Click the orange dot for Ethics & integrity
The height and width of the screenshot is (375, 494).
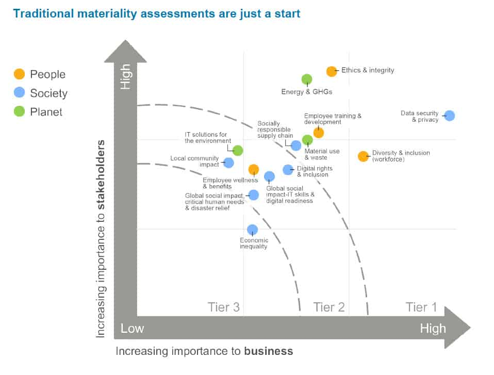(332, 71)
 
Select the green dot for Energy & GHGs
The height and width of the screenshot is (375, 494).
(307, 79)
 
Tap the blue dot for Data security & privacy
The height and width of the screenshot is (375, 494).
(450, 116)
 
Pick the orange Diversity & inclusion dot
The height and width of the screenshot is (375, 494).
(364, 156)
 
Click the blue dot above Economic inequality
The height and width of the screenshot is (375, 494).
(252, 230)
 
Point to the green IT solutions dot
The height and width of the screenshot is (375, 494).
(238, 151)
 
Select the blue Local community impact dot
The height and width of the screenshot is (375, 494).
(228, 163)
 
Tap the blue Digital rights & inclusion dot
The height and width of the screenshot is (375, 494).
(288, 169)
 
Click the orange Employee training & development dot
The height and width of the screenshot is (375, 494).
(319, 133)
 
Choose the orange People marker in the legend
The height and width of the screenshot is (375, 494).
(19, 74)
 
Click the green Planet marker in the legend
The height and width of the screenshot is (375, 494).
(19, 111)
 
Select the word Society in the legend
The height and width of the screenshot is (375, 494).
(48, 93)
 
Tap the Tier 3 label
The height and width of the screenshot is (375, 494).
(224, 307)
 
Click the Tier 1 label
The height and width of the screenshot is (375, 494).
(421, 307)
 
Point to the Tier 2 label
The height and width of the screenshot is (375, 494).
(329, 307)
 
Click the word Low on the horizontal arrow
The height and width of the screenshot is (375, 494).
(133, 329)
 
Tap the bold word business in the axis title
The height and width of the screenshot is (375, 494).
(269, 351)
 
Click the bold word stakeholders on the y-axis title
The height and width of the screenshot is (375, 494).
(101, 175)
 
